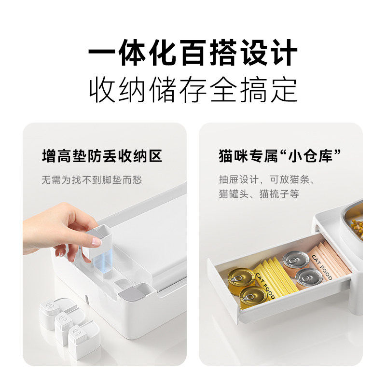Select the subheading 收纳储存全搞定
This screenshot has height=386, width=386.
(x=193, y=89)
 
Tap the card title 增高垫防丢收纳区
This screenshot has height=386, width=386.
(x=101, y=156)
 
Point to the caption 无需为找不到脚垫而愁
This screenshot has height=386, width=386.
(x=92, y=180)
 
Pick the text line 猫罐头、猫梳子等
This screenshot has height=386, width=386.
(x=259, y=194)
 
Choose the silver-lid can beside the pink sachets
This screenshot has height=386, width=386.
(x=307, y=278)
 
